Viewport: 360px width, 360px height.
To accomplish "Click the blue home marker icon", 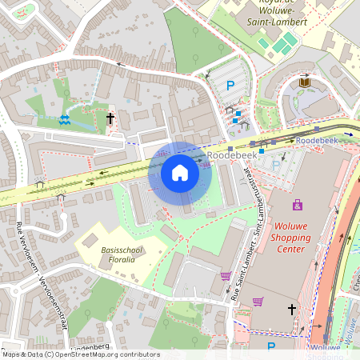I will coord(180,173).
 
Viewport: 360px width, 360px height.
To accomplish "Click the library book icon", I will coord(305,82).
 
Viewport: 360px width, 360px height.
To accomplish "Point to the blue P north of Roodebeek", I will coord(230,85).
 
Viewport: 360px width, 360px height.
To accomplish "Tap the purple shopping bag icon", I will coord(298,205).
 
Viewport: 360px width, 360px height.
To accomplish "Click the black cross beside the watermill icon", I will coord(110,118).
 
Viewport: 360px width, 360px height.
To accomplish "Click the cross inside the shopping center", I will coord(292,308).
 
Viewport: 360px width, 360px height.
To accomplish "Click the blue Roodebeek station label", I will coord(316,140).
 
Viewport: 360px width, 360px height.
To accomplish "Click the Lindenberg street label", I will coord(90,345).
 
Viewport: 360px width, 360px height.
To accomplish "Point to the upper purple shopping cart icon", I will coord(226,276).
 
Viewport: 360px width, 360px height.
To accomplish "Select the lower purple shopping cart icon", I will coord(258,302).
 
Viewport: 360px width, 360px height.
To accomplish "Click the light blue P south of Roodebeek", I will coord(277,165).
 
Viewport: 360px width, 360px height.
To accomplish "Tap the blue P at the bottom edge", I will coord(271,346).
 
